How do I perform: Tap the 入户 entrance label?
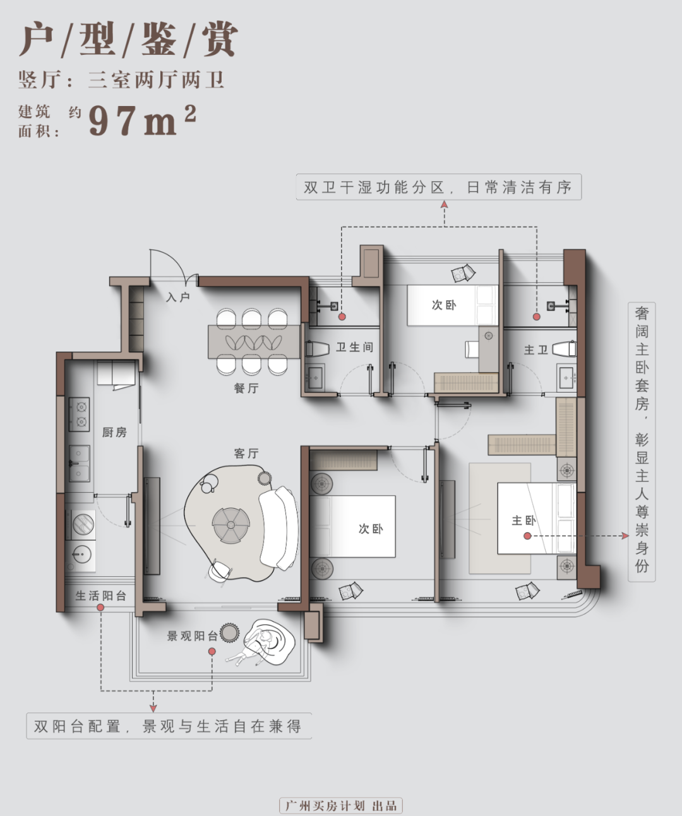pos(178,297)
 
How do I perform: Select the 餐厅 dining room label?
pos(246,388)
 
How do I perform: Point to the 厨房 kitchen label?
pos(114,432)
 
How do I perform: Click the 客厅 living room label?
pos(246,453)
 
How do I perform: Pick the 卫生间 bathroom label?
pos(354,347)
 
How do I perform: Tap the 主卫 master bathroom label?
pos(535,349)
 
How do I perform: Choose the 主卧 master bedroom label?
pos(523,520)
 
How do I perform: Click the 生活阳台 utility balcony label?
pos(101,595)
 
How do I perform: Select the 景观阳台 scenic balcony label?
pos(192,636)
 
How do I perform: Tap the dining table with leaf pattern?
pos(254,342)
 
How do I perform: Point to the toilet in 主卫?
pos(564,349)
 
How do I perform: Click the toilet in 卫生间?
pos(317,348)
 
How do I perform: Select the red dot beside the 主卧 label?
pos(527,536)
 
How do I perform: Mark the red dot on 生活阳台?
pos(100,607)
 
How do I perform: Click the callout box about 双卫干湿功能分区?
pos(438,187)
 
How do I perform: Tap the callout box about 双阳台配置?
pos(168,726)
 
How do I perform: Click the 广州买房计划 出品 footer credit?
pos(341,806)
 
